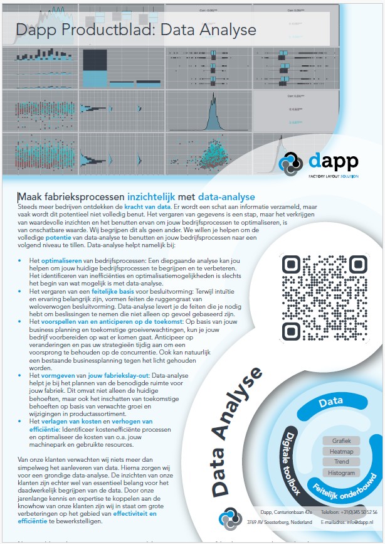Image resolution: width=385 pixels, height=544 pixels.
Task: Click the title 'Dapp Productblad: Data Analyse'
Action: (135, 29)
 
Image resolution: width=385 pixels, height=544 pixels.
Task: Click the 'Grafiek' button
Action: (342, 440)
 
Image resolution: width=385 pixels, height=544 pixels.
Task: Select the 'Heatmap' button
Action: (342, 451)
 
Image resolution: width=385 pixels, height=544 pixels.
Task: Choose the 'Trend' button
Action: (342, 462)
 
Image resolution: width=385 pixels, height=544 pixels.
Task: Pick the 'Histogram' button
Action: (342, 472)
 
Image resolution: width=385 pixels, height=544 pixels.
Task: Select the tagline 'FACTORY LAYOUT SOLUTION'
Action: (333, 177)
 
